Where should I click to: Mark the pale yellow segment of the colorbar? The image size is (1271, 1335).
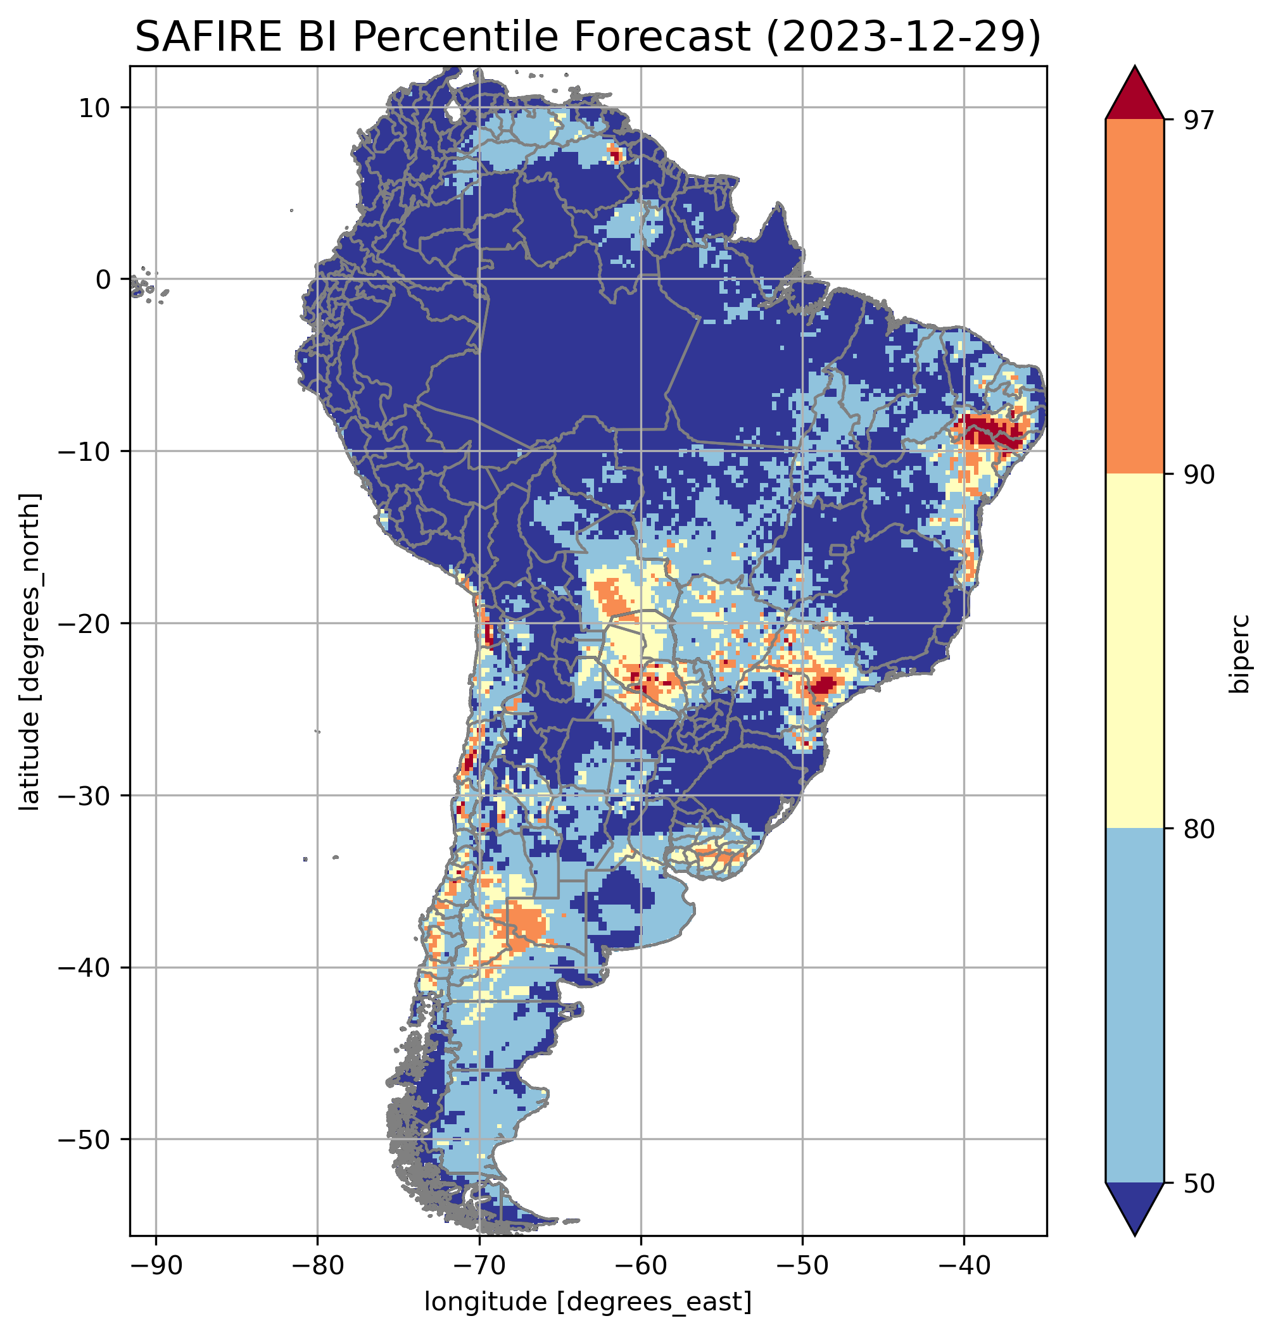(1134, 650)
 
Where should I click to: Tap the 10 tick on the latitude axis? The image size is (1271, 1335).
(95, 107)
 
